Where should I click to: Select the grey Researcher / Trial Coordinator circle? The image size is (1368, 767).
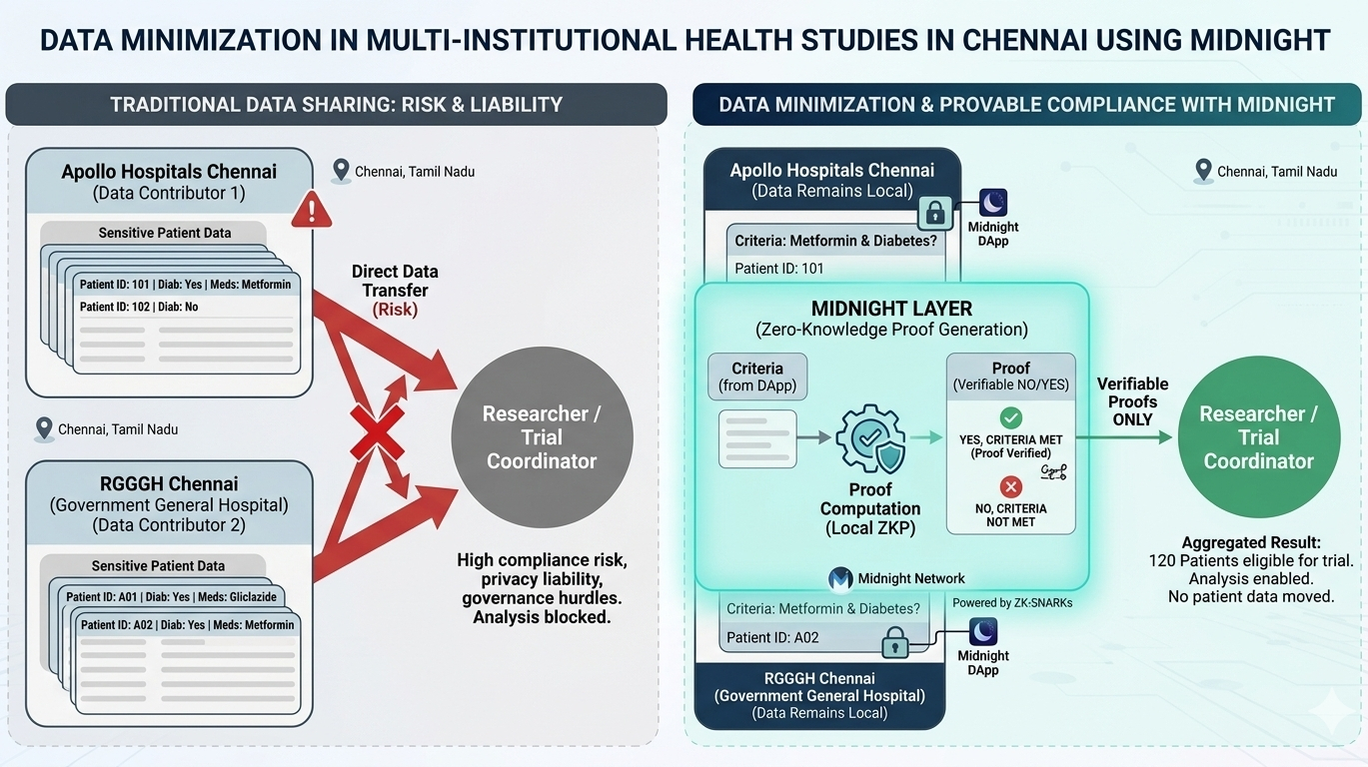(542, 437)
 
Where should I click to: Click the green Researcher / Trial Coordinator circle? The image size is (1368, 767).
(1257, 437)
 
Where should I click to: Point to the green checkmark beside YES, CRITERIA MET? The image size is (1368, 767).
(1011, 418)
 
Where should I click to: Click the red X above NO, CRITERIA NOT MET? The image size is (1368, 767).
(1011, 486)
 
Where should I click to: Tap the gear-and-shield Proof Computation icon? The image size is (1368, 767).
(869, 440)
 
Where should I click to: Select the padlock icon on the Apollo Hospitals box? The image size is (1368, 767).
(934, 212)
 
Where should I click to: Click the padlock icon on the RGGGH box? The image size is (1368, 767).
(895, 642)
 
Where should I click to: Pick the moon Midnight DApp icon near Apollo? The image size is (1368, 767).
(992, 204)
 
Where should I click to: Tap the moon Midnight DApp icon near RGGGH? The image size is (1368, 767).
(983, 632)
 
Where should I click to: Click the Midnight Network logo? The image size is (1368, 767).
(841, 578)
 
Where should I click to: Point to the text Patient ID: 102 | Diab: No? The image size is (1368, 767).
(139, 307)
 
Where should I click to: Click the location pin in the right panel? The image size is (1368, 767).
(1204, 171)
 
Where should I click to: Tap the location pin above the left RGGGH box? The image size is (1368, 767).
(44, 429)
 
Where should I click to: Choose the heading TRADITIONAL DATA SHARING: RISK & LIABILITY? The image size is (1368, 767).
(336, 104)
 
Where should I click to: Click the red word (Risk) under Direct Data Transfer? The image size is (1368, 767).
(395, 310)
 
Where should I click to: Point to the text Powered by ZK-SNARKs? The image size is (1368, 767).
(1012, 602)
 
